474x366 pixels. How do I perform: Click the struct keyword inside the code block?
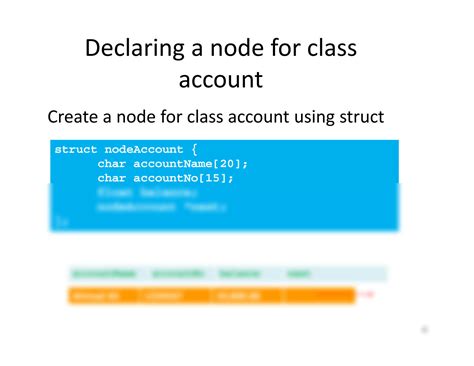[x=76, y=149]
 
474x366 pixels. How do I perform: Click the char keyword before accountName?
[x=112, y=163]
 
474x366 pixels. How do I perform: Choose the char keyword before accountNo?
[x=112, y=177]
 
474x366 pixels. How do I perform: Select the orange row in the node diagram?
[x=211, y=295]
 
